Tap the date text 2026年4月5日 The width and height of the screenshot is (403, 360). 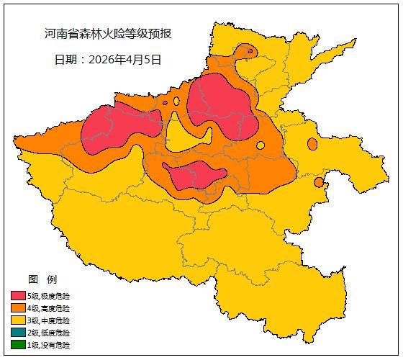point(108,59)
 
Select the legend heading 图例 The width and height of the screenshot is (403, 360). point(42,279)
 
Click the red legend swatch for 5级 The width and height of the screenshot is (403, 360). point(18,296)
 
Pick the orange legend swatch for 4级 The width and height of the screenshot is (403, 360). point(18,308)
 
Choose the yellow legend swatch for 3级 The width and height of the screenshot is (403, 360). point(18,320)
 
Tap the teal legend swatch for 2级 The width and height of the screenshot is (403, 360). point(18,333)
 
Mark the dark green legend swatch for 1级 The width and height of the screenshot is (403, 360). point(18,345)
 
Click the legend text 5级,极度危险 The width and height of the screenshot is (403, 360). point(49,296)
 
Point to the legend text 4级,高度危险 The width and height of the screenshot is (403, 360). point(49,308)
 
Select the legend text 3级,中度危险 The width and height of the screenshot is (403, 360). point(49,320)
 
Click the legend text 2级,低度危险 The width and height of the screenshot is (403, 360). point(49,333)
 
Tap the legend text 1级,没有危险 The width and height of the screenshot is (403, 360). point(49,345)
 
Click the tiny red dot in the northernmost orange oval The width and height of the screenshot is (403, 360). point(250,51)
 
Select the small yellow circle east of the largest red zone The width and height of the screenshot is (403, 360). point(261,145)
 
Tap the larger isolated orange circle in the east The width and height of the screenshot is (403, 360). point(312,144)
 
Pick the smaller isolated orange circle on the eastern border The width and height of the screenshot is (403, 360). point(319,182)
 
